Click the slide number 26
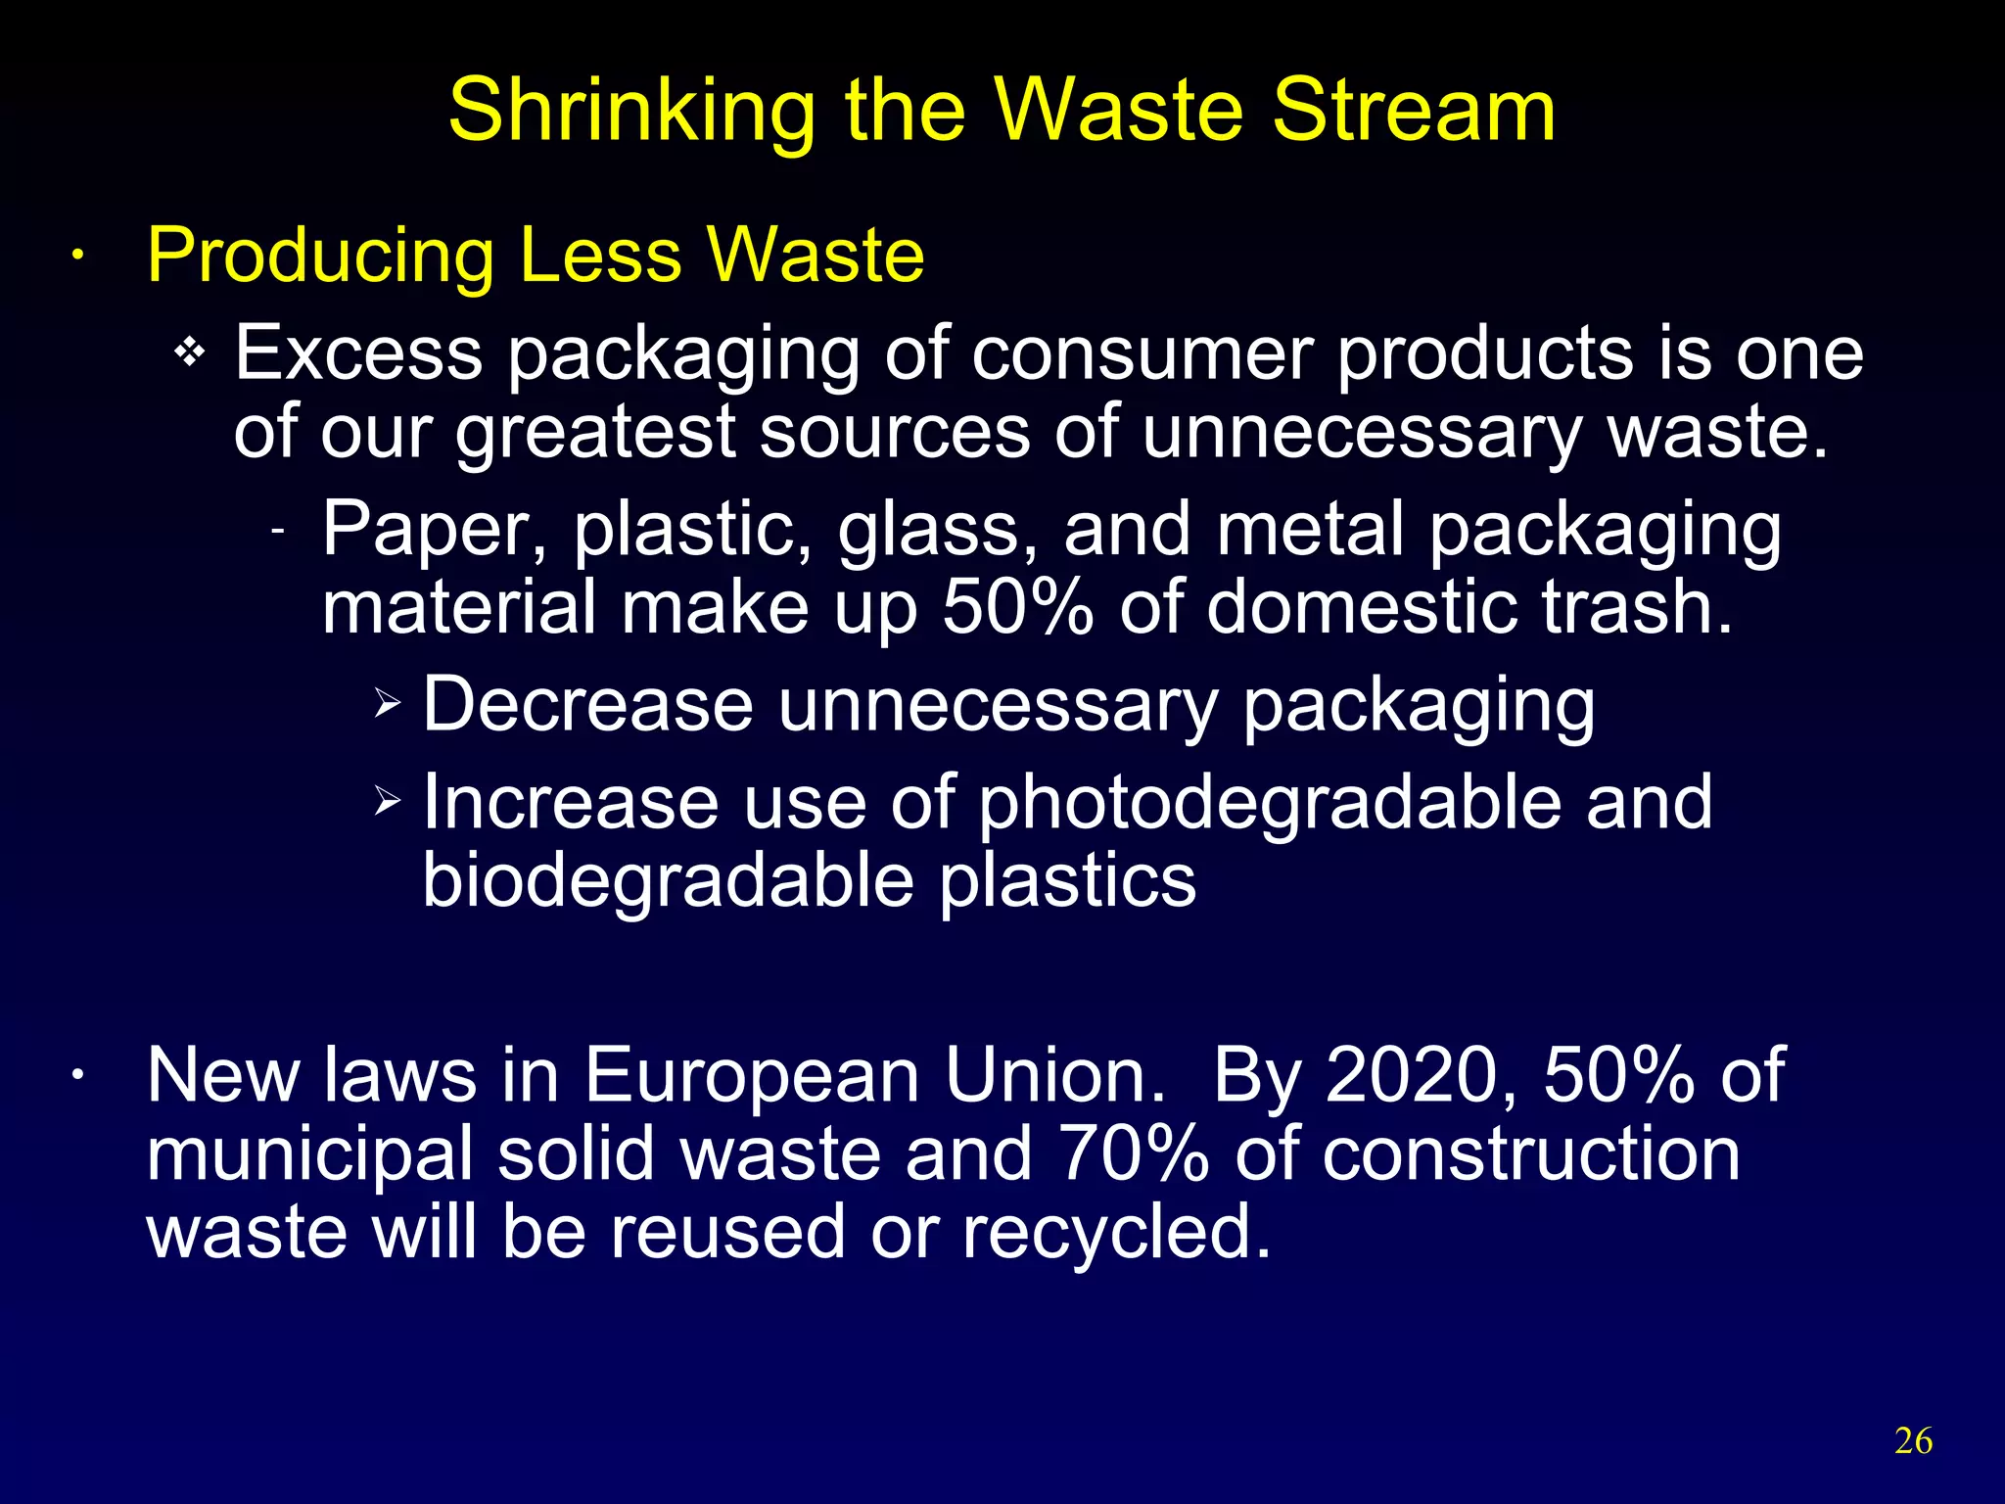point(1913,1441)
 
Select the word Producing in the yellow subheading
point(320,257)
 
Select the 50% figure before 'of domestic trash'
point(1017,607)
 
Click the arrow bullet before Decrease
point(388,703)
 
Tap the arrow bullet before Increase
point(388,801)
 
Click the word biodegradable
point(669,881)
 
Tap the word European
point(752,1075)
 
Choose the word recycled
point(1116,1232)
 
